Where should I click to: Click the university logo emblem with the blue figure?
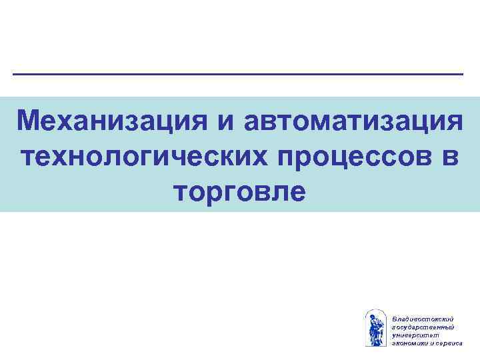pos(376,327)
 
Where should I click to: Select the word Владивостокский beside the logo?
pos(423,320)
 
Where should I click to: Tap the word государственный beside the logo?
pos(423,327)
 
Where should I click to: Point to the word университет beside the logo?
pos(414,335)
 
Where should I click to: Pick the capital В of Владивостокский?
pos(395,320)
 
